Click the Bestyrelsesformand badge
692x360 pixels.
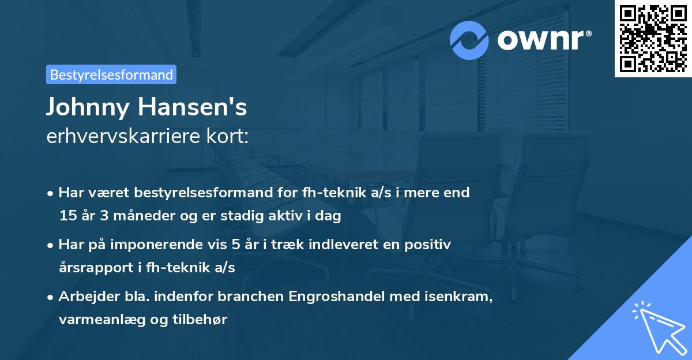111,74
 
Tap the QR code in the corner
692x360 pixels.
653,38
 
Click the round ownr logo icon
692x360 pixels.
469,39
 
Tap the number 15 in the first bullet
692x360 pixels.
67,216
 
